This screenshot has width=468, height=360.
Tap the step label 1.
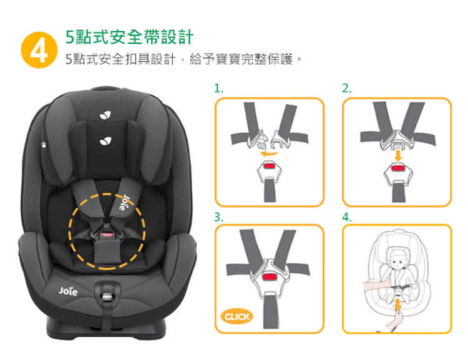tap(218, 89)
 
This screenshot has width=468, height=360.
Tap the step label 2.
tap(347, 89)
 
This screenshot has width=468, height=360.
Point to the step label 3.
tap(218, 217)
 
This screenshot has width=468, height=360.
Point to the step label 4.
tap(347, 217)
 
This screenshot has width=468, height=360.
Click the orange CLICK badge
tap(238, 316)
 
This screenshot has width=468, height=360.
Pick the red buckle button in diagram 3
tap(269, 276)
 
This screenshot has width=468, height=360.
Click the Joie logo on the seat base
tap(68, 291)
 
